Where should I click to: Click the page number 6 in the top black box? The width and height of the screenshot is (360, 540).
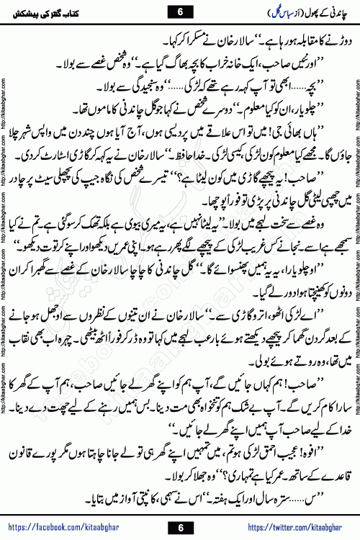coord(179,12)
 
